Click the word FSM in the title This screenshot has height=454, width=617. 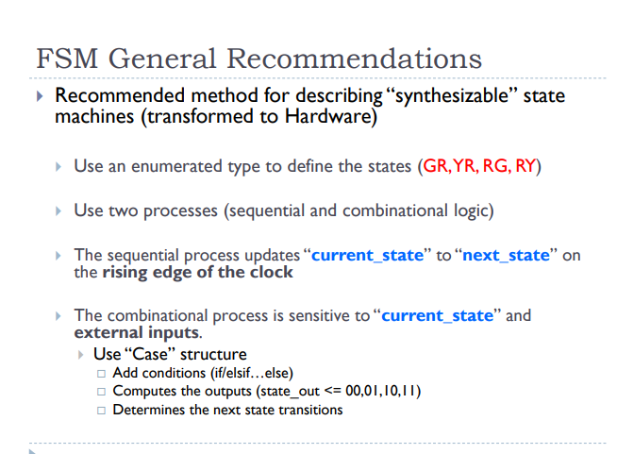click(66, 59)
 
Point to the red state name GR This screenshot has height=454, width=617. click(435, 166)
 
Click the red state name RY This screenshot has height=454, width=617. click(525, 166)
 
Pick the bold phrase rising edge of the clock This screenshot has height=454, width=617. click(197, 273)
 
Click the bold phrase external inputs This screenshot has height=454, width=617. click(136, 333)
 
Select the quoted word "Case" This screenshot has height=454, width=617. click(143, 355)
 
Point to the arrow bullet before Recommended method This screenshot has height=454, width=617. click(40, 97)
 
